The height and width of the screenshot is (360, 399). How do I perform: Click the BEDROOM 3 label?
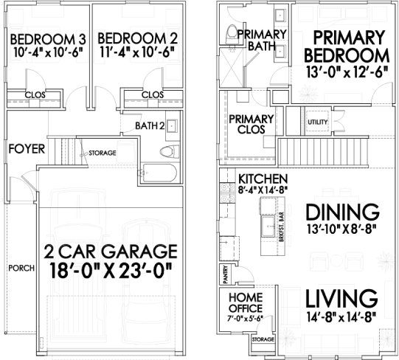pyautogui.click(x=48, y=39)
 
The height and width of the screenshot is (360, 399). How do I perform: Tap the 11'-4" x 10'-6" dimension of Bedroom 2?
pyautogui.click(x=138, y=52)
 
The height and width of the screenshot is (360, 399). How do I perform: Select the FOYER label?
pyautogui.click(x=27, y=149)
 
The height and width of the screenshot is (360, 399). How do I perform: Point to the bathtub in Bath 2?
pyautogui.click(x=159, y=173)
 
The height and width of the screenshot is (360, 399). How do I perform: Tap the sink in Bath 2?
pyautogui.click(x=173, y=125)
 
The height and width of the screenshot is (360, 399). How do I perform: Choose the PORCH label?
pyautogui.click(x=21, y=268)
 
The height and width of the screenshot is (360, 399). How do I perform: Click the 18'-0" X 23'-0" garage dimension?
pyautogui.click(x=111, y=271)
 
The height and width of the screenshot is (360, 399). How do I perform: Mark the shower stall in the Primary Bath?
pyautogui.click(x=231, y=67)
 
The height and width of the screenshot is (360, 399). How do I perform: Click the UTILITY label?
pyautogui.click(x=318, y=122)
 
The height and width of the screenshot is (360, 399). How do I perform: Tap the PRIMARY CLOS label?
pyautogui.click(x=251, y=124)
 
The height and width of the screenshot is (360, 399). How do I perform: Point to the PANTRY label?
pyautogui.click(x=225, y=274)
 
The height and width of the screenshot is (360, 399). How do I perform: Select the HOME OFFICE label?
pyautogui.click(x=246, y=303)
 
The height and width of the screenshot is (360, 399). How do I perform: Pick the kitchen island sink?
pyautogui.click(x=268, y=225)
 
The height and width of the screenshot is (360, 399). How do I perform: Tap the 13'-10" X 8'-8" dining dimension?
pyautogui.click(x=341, y=229)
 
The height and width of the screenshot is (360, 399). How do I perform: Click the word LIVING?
pyautogui.click(x=341, y=299)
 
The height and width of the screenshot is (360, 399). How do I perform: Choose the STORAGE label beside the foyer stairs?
pyautogui.click(x=103, y=153)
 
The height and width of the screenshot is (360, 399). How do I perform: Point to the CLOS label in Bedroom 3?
pyautogui.click(x=35, y=95)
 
